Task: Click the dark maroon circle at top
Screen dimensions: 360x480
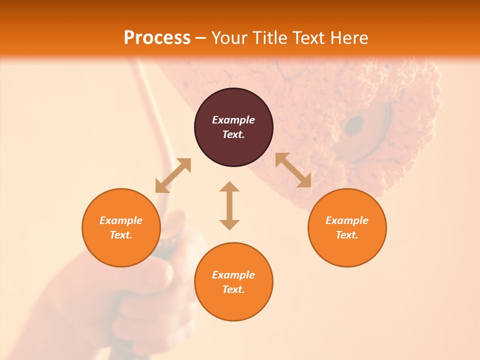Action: point(233,127)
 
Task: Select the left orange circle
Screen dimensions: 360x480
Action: point(121,227)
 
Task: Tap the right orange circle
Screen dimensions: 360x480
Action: point(347,227)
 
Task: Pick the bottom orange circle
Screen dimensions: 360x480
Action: point(233,282)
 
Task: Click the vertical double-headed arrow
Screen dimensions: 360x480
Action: point(229,205)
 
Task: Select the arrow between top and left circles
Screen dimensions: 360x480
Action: point(173,175)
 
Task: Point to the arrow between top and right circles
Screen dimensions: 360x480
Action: point(293,170)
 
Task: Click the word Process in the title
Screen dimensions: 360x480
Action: point(157,38)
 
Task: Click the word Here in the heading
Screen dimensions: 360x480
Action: point(349,38)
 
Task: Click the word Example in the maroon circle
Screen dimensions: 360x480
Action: point(233,120)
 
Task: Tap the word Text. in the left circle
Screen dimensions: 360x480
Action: point(121,235)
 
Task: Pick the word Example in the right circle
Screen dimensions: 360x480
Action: point(347,220)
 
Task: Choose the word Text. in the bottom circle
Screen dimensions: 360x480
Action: point(233,289)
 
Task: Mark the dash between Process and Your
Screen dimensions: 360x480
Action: point(200,38)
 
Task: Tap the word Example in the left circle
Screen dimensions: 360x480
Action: point(121,220)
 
